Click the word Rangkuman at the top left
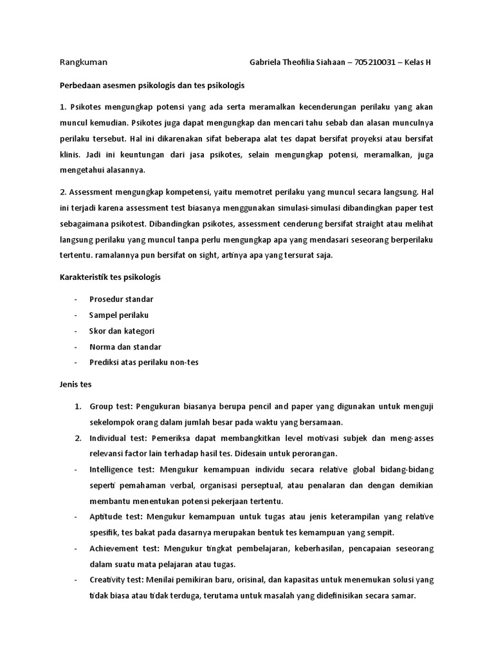[83, 62]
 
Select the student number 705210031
[376, 62]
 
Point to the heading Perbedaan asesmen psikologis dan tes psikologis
[152, 84]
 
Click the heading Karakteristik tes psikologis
[110, 277]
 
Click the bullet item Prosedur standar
[121, 299]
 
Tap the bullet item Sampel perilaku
[118, 315]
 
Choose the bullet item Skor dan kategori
[122, 331]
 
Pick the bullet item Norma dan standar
[125, 347]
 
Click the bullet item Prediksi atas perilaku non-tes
[143, 362]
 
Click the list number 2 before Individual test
[77, 438]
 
